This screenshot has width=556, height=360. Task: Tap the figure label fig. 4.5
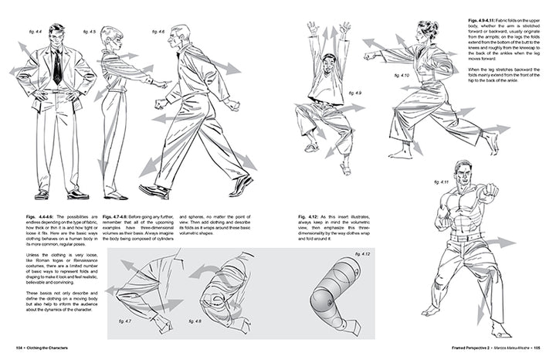90,32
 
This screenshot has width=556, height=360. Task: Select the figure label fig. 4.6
158,32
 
